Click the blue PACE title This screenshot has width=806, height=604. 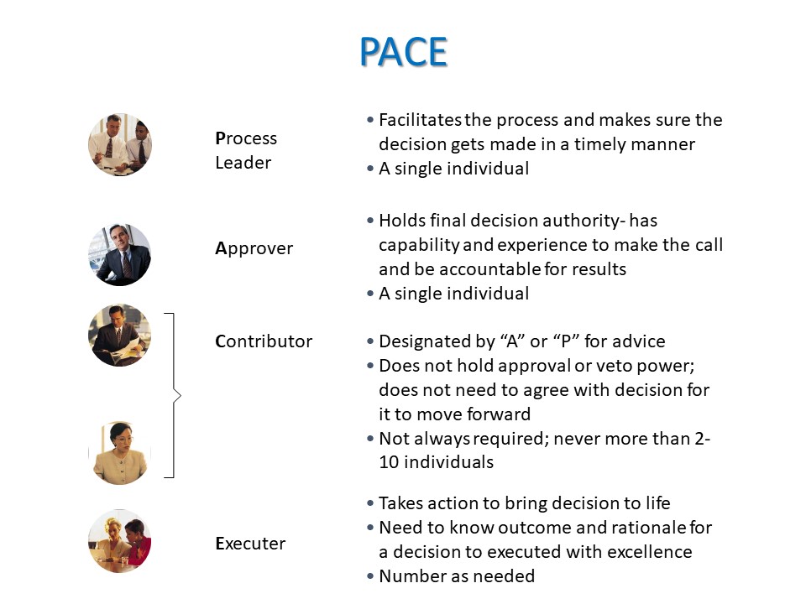(404, 52)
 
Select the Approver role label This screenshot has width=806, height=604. (254, 248)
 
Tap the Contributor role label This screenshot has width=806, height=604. (264, 341)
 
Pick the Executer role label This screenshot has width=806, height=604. (250, 544)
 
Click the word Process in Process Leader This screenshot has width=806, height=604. (246, 138)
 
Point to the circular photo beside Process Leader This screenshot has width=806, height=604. (120, 145)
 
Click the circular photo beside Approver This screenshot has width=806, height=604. (120, 255)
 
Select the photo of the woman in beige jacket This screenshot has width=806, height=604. (120, 453)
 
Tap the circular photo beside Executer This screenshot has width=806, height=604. (120, 541)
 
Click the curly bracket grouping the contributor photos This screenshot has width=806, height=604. (174, 395)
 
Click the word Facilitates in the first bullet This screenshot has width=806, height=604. (420, 120)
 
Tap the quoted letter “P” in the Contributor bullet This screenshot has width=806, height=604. (565, 341)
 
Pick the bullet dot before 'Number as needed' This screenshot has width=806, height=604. (370, 577)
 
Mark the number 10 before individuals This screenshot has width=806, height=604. (389, 462)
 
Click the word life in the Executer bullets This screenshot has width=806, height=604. (658, 503)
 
